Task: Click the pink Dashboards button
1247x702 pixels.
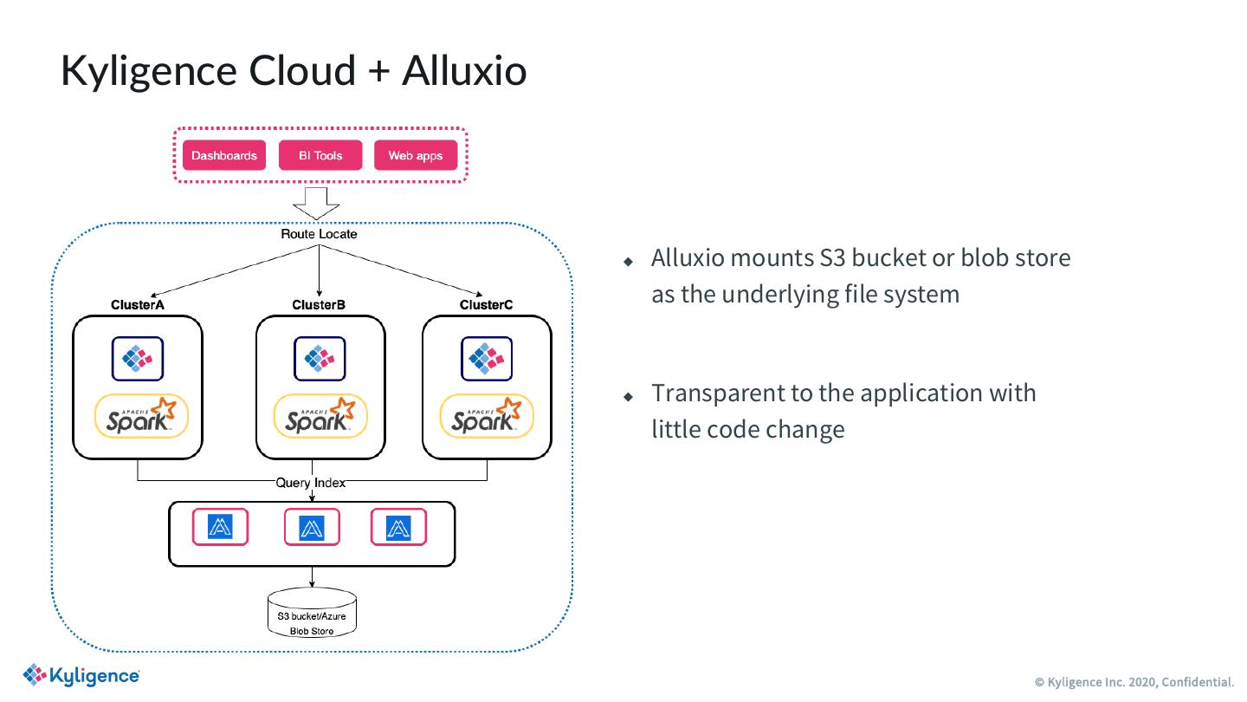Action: pos(224,156)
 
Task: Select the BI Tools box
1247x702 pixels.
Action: pos(320,156)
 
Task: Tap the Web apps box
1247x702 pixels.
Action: pos(416,156)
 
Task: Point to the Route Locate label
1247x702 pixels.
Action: pos(319,234)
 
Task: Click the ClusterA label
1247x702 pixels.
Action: pos(138,305)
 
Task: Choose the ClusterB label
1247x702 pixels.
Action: pos(319,305)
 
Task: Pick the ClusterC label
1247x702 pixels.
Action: pos(486,305)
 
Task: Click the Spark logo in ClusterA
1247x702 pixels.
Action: pos(141,417)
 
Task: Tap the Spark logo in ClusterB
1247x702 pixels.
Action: pos(320,417)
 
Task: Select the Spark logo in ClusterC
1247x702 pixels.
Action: pos(487,417)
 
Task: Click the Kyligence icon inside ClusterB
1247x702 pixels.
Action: pos(320,358)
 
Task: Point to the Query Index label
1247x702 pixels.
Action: pos(310,483)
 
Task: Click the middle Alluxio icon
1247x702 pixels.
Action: pos(312,527)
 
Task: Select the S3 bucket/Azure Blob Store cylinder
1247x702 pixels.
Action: pos(312,616)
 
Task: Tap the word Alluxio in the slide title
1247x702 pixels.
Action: pos(464,70)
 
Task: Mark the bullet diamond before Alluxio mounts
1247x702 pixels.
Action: pos(630,261)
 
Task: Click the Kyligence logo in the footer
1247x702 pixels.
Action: pos(81,676)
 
